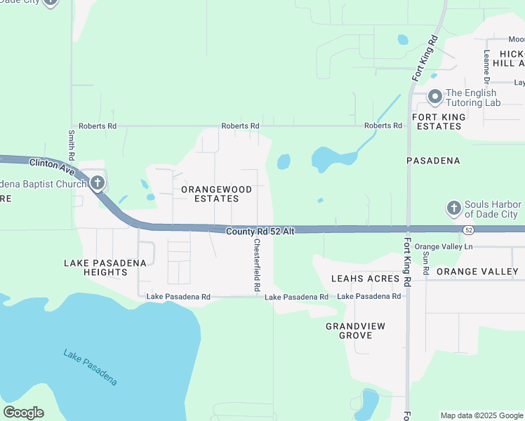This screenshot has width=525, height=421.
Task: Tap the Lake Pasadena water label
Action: (x=89, y=367)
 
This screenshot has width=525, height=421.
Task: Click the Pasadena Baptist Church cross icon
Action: (x=97, y=184)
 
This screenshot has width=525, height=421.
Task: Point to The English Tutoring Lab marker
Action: (x=434, y=97)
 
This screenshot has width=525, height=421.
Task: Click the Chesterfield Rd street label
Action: (x=257, y=266)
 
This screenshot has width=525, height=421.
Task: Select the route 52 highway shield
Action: (x=468, y=230)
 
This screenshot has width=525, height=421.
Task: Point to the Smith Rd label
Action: (x=71, y=143)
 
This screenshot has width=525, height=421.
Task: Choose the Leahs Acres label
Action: (x=365, y=279)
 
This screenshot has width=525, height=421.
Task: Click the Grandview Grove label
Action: (x=349, y=331)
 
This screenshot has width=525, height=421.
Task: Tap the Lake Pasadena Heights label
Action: (x=105, y=267)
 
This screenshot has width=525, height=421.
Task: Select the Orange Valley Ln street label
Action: (x=444, y=247)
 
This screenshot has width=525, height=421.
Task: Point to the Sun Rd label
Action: (x=426, y=260)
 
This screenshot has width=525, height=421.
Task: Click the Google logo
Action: (x=23, y=413)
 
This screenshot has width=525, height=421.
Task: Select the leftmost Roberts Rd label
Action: (x=98, y=126)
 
